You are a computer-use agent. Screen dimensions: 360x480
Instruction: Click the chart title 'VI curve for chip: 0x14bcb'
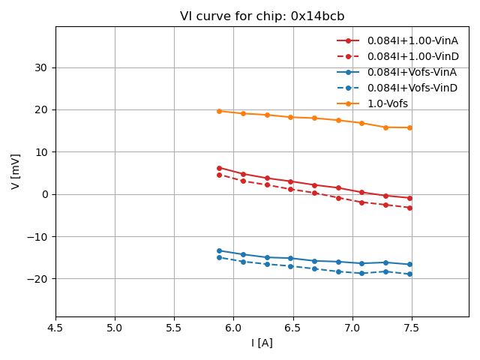(x=262, y=16)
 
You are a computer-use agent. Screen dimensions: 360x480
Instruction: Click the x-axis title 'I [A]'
(x=262, y=343)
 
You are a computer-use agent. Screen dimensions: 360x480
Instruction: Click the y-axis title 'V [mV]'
(x=16, y=172)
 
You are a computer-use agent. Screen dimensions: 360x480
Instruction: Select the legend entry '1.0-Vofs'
(x=387, y=104)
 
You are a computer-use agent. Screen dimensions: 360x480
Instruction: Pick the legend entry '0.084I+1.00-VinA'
(x=412, y=40)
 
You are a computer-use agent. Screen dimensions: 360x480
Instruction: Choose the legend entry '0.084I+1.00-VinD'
(x=412, y=56)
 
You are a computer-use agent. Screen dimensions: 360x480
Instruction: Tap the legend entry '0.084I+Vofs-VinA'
(x=412, y=73)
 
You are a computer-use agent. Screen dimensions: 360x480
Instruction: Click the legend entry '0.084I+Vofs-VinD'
(x=412, y=88)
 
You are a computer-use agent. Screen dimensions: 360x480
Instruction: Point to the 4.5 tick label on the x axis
(x=55, y=328)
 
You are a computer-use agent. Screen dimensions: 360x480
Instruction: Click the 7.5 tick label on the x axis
(x=411, y=328)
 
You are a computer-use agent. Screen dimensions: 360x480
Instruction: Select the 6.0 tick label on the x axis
(x=233, y=328)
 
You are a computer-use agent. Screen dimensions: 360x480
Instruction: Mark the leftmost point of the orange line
(x=219, y=111)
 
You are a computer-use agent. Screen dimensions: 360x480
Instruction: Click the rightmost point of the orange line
(x=409, y=127)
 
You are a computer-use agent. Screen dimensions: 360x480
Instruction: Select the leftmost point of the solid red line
(x=219, y=168)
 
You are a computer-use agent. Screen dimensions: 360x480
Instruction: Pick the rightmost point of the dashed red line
(x=409, y=208)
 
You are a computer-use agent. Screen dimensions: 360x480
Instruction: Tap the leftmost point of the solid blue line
(x=219, y=250)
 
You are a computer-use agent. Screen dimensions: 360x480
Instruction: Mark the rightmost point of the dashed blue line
(x=409, y=274)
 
